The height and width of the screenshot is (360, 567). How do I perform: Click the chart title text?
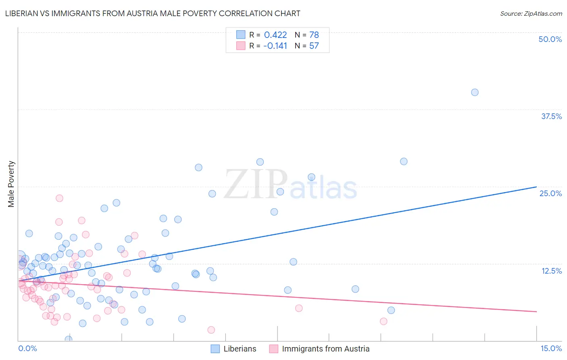(152, 13)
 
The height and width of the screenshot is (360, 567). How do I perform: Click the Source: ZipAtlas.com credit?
(531, 14)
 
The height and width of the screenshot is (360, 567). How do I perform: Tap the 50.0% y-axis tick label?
(550, 39)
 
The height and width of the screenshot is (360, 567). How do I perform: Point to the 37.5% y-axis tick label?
(551, 116)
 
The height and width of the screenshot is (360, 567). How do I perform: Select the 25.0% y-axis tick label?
(550, 193)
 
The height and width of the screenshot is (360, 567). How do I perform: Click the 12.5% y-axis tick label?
(551, 271)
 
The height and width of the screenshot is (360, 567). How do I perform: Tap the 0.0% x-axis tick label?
(27, 348)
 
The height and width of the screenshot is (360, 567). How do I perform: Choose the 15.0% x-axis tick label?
(551, 348)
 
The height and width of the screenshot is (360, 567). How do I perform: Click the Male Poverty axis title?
(11, 184)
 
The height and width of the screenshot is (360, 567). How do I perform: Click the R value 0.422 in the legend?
(275, 35)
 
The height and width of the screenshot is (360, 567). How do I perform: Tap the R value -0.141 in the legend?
(275, 46)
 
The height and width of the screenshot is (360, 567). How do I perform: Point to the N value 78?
(314, 35)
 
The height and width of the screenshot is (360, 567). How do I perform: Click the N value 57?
(314, 46)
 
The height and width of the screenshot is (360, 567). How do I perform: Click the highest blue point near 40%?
(475, 92)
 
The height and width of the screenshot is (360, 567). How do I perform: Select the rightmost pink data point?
(384, 321)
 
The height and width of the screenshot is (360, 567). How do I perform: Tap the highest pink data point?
(59, 198)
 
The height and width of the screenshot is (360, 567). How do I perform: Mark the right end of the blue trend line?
(536, 187)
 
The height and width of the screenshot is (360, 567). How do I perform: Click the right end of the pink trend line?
(536, 312)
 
